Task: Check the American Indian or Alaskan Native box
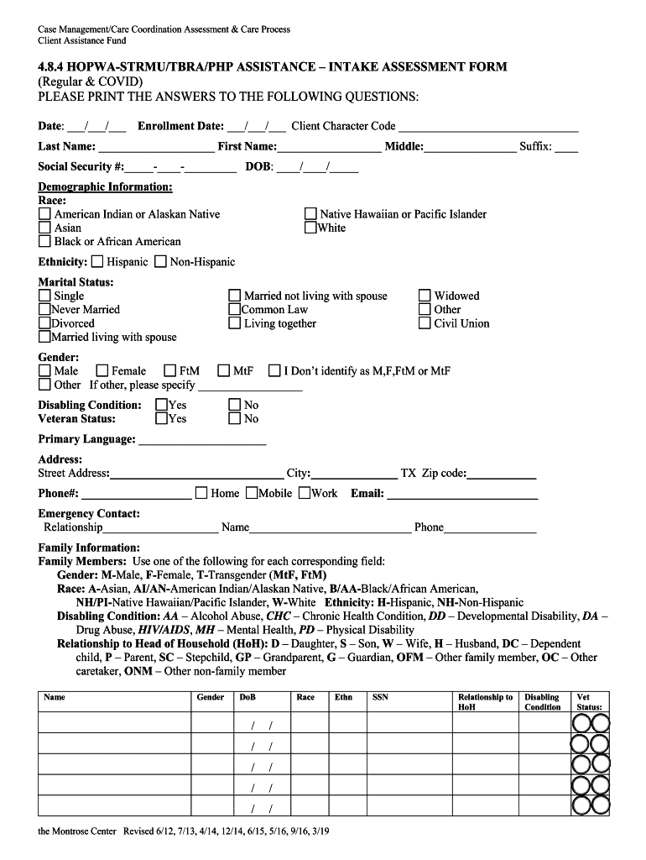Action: [44, 214]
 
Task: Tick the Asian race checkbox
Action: [44, 228]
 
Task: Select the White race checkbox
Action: [310, 228]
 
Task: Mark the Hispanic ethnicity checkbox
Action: [97, 262]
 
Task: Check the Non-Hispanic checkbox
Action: [160, 262]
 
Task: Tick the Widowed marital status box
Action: [425, 296]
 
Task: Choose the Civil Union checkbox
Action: [425, 323]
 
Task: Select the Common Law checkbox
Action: [235, 310]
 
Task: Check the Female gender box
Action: [102, 371]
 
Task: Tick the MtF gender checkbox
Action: [224, 371]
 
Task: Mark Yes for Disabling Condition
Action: [162, 405]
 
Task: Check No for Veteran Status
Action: [235, 418]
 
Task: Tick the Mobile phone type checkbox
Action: [252, 493]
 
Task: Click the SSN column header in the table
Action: [380, 697]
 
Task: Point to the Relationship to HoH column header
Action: [485, 702]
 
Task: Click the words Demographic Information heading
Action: [105, 186]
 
